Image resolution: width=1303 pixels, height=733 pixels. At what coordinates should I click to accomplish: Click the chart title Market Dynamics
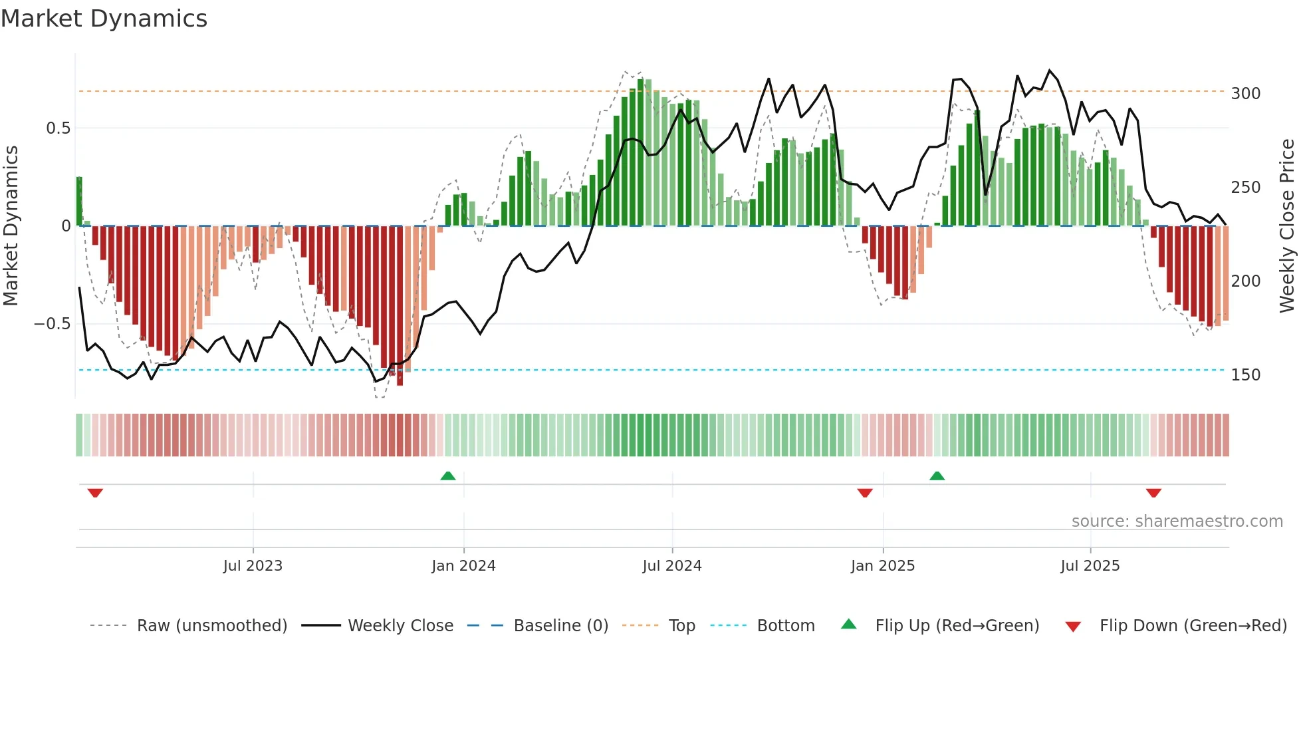pos(104,19)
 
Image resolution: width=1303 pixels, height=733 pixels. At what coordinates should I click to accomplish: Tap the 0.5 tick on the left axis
pos(58,128)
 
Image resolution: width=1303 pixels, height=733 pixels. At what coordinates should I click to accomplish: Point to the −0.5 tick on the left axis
pos(52,324)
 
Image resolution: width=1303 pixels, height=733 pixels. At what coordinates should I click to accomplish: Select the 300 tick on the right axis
pos(1245,94)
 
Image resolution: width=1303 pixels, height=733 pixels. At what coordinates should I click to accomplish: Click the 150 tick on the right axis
pos(1245,375)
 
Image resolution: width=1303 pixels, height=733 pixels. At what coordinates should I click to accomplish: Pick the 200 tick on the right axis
pos(1245,281)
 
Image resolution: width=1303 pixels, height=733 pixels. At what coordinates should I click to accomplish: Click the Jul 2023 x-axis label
pos(253,566)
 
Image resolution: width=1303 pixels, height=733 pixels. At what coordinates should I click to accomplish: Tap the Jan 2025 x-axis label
pos(882,566)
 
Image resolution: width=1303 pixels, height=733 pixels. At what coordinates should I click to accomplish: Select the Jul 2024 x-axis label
pos(671,566)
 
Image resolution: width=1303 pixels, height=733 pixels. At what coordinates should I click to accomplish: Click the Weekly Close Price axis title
pos(1287,226)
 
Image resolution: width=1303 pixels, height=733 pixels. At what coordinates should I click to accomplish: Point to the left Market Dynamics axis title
pos(11,226)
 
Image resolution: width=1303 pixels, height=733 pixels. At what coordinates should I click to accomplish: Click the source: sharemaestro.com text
pos(1177,521)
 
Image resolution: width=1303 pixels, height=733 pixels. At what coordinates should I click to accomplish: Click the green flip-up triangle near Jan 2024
pos(448,476)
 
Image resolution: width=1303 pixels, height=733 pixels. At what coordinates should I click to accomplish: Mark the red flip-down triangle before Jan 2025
pos(864,492)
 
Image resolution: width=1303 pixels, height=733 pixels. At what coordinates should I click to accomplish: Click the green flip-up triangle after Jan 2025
pos(937,476)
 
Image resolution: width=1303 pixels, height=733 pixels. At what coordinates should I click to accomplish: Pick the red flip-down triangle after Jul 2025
pos(1153,492)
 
